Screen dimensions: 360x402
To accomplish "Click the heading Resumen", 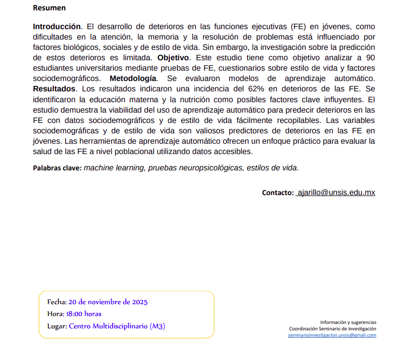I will (49, 8).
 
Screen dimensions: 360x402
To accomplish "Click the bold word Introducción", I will (56, 26).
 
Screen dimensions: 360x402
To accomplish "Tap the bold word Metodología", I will (133, 79).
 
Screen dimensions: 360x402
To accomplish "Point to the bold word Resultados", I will (54, 89).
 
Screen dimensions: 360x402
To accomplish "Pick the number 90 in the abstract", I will (370, 58).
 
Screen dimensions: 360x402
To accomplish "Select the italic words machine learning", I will (114, 168).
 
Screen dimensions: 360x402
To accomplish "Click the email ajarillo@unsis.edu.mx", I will (336, 193).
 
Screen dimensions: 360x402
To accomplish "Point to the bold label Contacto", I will (278, 193).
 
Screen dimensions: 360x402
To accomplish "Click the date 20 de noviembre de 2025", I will (108, 302).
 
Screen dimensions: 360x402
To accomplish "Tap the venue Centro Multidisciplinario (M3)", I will (117, 326).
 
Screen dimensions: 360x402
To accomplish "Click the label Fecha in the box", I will (56, 302).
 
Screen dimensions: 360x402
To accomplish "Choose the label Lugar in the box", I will (57, 326).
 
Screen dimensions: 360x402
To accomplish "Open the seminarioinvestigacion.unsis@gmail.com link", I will (332, 335).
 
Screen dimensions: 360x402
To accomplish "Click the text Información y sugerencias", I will (348, 322).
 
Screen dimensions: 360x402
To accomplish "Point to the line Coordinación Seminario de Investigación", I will (332, 328).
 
